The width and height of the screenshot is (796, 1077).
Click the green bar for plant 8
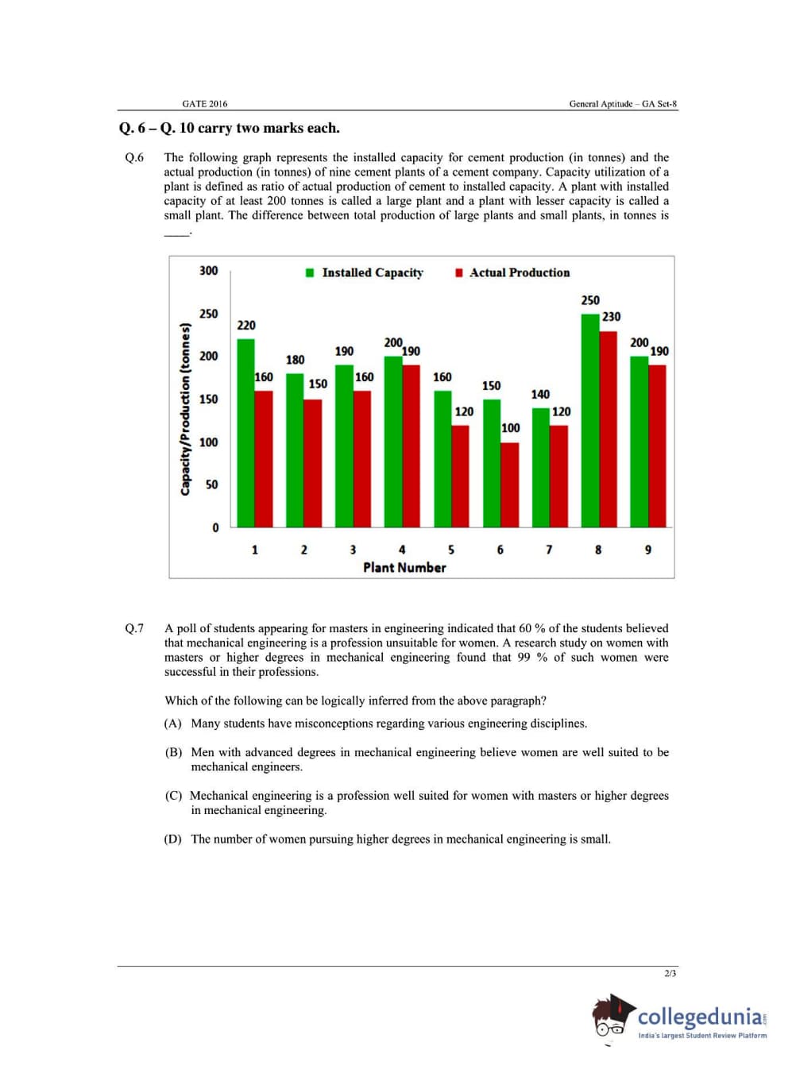(x=589, y=421)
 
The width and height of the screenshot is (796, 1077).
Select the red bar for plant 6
(x=509, y=484)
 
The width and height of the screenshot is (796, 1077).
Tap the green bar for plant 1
(x=246, y=433)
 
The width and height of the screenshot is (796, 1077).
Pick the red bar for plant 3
(x=362, y=459)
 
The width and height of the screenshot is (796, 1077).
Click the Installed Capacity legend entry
(x=365, y=272)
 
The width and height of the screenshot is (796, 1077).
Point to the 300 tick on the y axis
(x=208, y=271)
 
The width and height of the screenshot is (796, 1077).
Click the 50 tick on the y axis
(x=211, y=484)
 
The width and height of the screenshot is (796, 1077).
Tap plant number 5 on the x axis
(x=451, y=550)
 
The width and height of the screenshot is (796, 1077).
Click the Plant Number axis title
(x=404, y=567)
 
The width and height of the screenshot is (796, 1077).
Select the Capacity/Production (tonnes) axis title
(x=185, y=409)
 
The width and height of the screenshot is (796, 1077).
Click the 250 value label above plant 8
(x=590, y=300)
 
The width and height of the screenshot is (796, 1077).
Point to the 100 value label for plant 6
(x=511, y=428)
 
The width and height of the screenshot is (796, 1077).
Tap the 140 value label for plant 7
(x=540, y=394)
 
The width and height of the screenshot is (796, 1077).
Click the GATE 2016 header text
(x=204, y=104)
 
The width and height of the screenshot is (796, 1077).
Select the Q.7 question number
(x=134, y=628)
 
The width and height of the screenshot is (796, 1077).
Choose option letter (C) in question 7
(x=173, y=796)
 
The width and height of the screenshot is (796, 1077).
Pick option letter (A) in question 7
(x=173, y=724)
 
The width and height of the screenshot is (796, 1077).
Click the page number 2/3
(x=670, y=974)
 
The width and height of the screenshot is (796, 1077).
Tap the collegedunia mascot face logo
(x=612, y=1017)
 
